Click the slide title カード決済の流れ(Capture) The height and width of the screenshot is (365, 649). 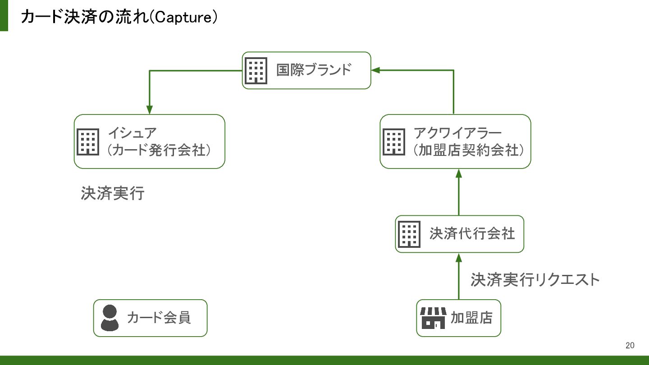119,17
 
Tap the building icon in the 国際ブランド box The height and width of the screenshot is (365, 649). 256,71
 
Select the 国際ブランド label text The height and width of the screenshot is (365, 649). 314,70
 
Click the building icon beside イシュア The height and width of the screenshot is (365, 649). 88,142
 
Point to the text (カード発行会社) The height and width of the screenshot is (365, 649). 159,150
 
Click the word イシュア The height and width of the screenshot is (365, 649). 133,133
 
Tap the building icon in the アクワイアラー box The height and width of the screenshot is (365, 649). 394,142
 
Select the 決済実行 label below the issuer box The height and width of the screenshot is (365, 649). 113,193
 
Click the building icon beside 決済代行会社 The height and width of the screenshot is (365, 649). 409,234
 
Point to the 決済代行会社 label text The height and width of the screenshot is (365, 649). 472,234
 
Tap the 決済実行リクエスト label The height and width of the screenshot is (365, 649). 535,280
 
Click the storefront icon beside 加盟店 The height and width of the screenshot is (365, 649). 433,318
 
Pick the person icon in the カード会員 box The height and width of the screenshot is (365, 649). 110,318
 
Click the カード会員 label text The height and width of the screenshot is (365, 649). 159,318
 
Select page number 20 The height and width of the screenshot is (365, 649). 630,345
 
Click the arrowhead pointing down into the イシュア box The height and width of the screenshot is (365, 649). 150,110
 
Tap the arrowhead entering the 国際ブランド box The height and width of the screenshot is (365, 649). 375,70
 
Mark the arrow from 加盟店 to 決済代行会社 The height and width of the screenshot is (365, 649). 459,276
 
